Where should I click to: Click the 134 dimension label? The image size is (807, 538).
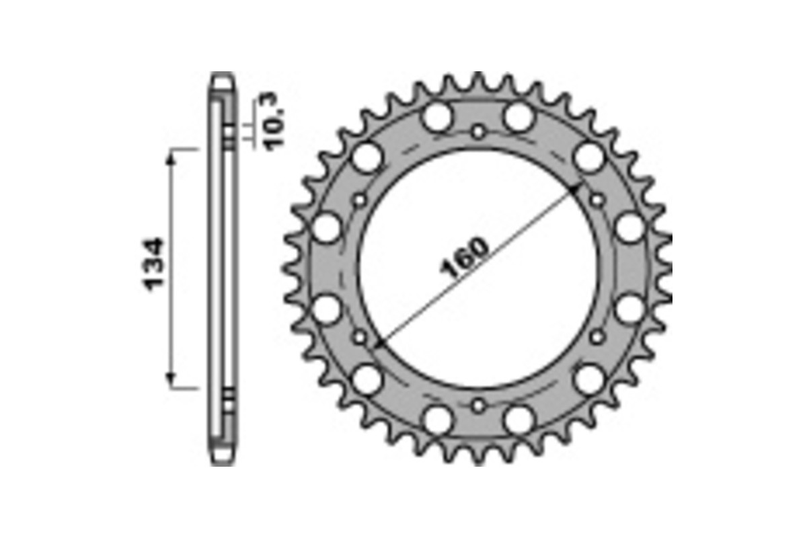pyautogui.click(x=153, y=263)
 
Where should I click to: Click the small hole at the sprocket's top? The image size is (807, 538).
pyautogui.click(x=477, y=132)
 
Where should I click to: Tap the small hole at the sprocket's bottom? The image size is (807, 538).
pyautogui.click(x=477, y=406)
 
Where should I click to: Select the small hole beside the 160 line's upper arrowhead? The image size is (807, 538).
pyautogui.click(x=597, y=200)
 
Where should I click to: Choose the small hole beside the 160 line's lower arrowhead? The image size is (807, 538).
pyautogui.click(x=360, y=336)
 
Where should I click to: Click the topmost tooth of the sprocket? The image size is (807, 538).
pyautogui.click(x=478, y=79)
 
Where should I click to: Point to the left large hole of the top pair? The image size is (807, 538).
pyautogui.click(x=438, y=118)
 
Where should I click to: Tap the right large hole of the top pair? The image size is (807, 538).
pyautogui.click(x=518, y=118)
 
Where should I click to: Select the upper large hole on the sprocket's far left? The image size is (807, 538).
pyautogui.click(x=328, y=228)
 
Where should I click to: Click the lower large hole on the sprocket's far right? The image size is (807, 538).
pyautogui.click(x=629, y=309)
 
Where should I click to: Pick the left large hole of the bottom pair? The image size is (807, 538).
pyautogui.click(x=438, y=420)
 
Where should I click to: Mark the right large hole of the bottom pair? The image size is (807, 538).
pyautogui.click(x=518, y=420)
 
